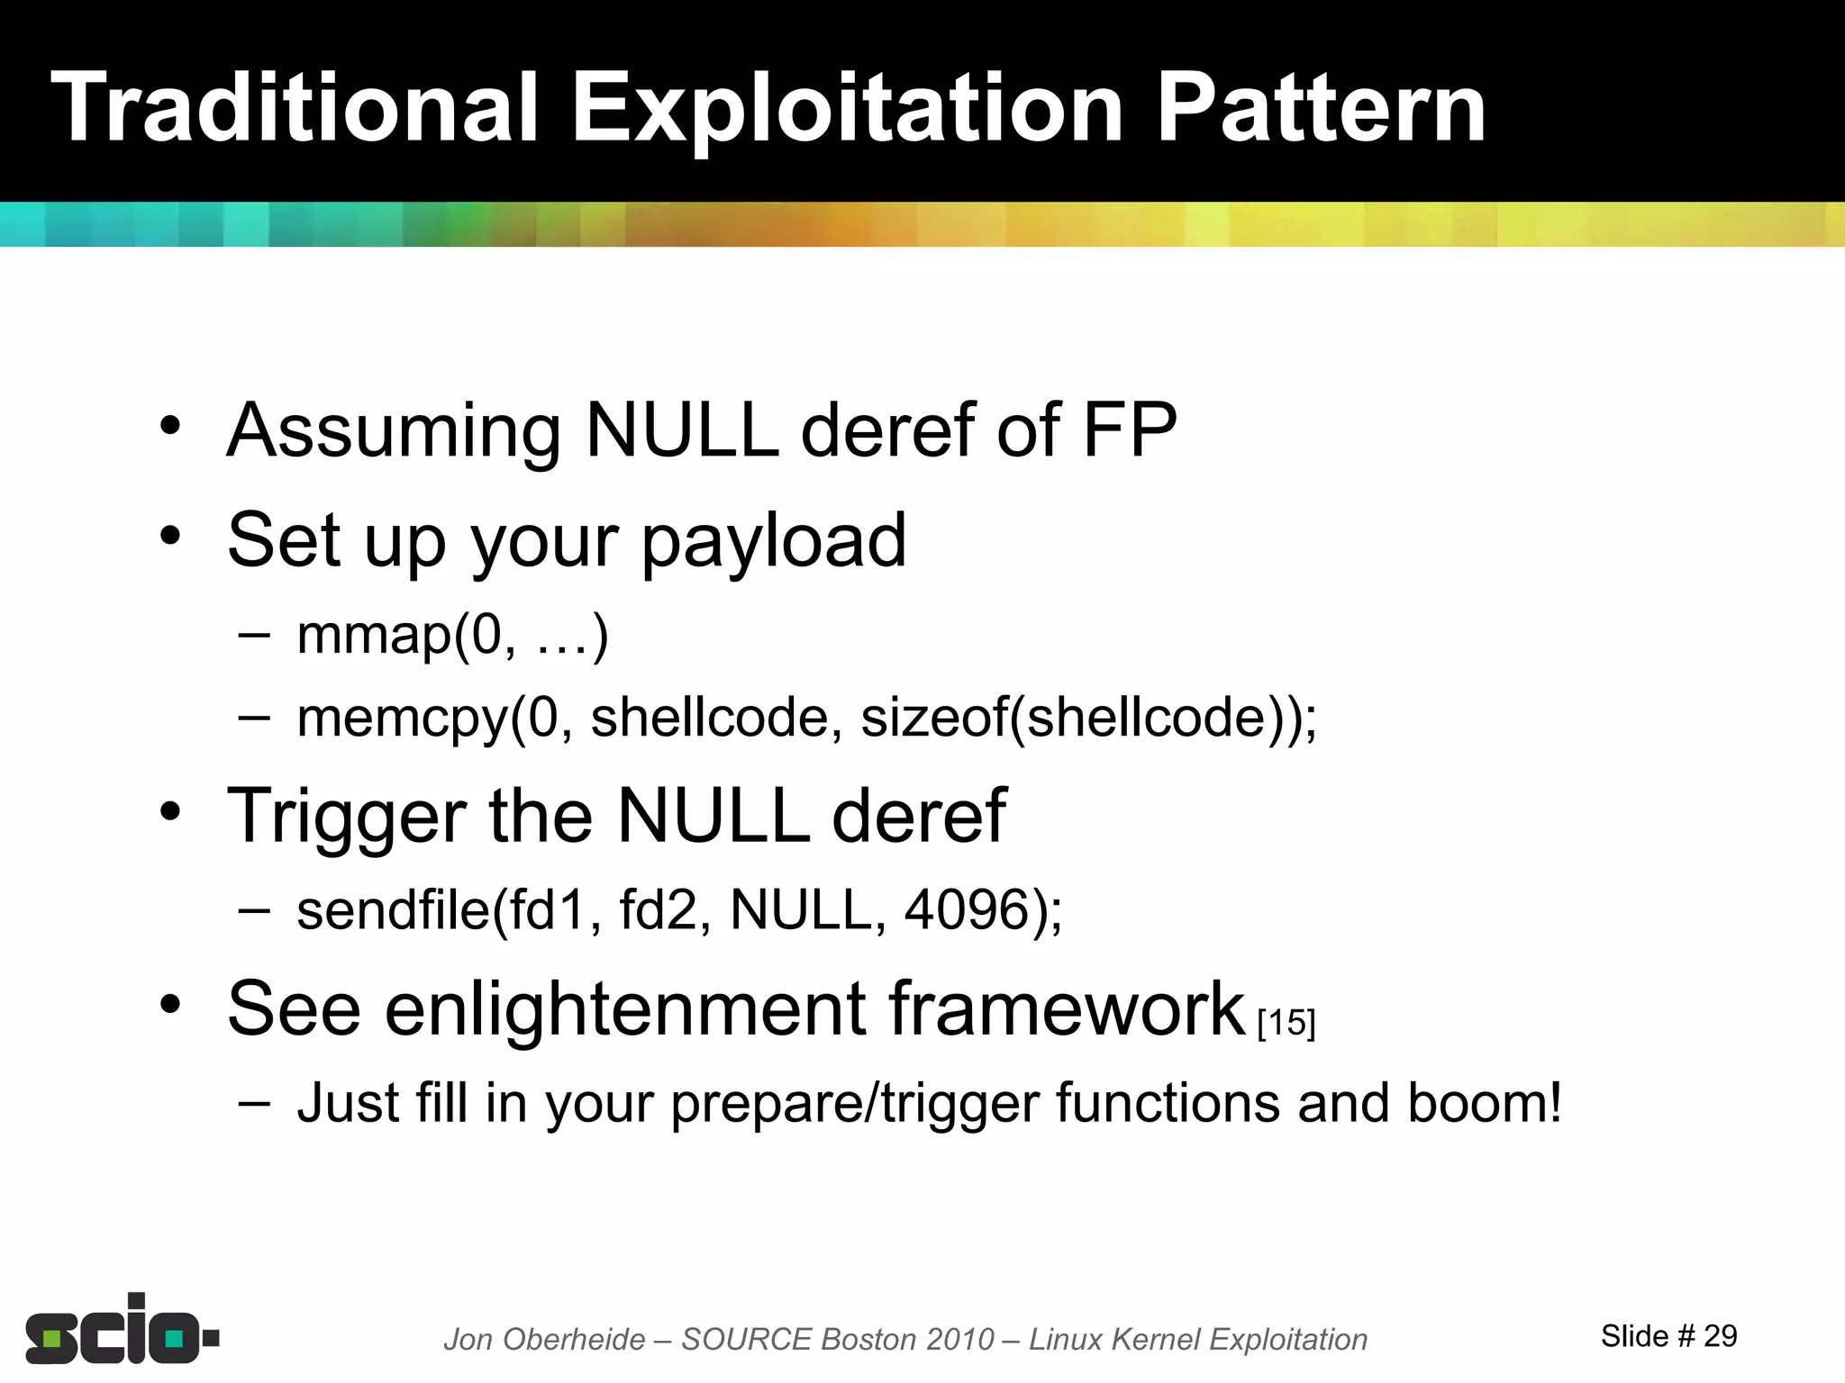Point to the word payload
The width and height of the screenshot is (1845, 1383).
(773, 542)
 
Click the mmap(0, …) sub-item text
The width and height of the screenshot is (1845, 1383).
(453, 636)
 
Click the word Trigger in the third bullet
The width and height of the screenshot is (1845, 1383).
(347, 818)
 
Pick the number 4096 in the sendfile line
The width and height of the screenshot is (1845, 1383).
(967, 909)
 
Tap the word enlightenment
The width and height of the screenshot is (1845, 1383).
(624, 1010)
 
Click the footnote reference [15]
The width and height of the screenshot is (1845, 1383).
(1286, 1023)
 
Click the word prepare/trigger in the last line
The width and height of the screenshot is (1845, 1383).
(855, 1105)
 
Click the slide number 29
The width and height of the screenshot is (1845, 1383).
(1720, 1336)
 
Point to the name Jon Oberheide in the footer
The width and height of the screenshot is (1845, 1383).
(544, 1340)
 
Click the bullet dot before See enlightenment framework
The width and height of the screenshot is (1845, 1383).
(170, 1005)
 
